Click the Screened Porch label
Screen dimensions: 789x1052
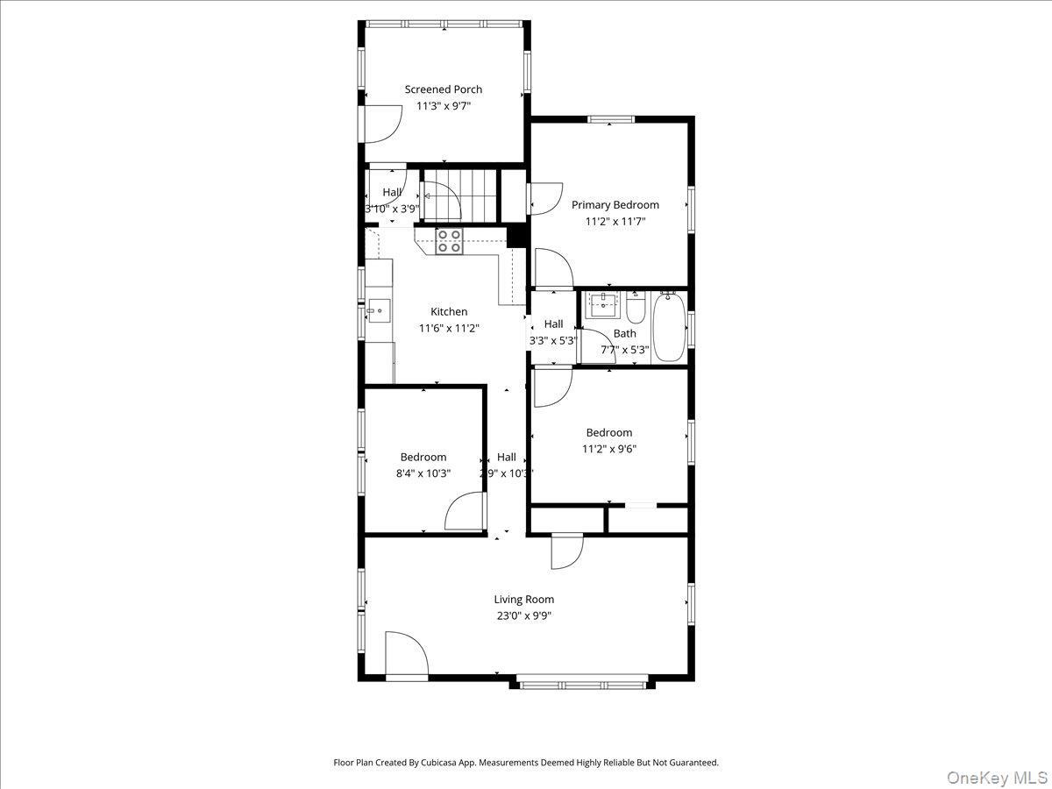pyautogui.click(x=443, y=89)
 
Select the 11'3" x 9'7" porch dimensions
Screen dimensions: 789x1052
pyautogui.click(x=443, y=106)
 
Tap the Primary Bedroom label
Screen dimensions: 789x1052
pyautogui.click(x=615, y=205)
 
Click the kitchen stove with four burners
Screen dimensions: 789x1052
pyautogui.click(x=450, y=241)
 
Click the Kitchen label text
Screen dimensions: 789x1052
pyautogui.click(x=449, y=312)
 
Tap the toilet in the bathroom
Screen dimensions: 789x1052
pyautogui.click(x=636, y=308)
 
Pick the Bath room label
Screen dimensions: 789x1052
pyautogui.click(x=625, y=334)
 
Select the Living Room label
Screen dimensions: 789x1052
pyautogui.click(x=523, y=600)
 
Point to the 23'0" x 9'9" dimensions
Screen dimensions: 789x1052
pyautogui.click(x=523, y=615)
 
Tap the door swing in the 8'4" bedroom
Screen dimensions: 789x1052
pyautogui.click(x=465, y=512)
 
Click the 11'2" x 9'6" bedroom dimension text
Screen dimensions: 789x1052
pyautogui.click(x=609, y=449)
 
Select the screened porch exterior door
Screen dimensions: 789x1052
pyautogui.click(x=380, y=124)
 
